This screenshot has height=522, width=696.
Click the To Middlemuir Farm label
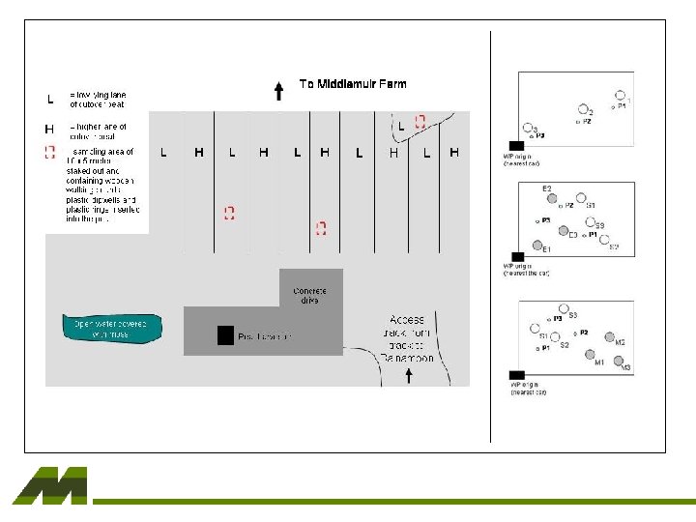coord(353,84)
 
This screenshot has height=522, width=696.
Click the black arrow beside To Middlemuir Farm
coord(278,92)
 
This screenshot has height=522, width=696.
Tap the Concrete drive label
coord(309,296)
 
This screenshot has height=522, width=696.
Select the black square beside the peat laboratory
coord(225,335)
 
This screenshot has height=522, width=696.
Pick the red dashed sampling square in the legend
coord(50,152)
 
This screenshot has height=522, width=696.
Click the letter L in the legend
coord(50,98)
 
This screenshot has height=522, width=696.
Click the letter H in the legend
coord(50,128)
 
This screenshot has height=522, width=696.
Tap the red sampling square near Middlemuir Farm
coord(420,122)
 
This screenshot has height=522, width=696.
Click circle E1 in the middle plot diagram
coord(537,245)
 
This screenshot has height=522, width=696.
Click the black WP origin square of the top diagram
coord(516,145)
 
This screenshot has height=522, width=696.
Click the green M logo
coord(50,485)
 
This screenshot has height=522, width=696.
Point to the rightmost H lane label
coord(454,153)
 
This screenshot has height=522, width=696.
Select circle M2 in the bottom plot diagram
coord(609,337)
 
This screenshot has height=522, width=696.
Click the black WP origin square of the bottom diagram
coord(516,374)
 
